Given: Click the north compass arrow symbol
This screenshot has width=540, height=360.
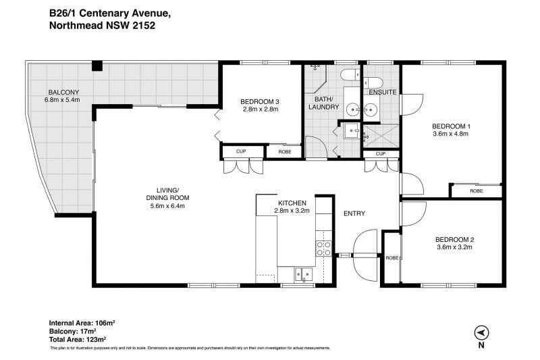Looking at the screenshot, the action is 481,333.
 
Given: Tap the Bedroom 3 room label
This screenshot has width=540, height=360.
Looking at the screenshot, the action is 259,101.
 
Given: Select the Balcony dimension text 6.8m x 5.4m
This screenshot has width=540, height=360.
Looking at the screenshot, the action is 62,100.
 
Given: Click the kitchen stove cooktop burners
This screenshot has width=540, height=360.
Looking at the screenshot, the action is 324,249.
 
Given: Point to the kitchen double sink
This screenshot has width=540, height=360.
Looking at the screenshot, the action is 303,274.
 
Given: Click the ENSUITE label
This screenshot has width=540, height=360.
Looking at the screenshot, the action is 383,93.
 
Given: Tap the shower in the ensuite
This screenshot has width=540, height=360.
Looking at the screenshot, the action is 381,136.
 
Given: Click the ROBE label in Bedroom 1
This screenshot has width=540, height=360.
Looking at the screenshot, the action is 477,191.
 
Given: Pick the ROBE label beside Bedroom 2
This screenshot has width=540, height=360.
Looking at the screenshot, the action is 392,258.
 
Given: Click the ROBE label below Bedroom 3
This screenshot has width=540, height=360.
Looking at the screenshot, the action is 285,151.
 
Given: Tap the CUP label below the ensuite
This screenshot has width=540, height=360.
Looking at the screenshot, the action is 381,153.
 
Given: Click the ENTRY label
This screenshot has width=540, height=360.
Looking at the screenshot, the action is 354,213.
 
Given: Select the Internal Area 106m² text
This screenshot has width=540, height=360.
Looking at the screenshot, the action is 82,323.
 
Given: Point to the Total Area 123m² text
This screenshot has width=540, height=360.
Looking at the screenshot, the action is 78,339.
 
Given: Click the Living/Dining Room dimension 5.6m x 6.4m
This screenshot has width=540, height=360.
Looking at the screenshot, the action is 167,206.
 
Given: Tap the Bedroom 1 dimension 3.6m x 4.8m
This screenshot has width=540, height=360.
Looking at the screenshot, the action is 450,134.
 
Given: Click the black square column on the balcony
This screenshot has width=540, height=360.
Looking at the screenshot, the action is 97,66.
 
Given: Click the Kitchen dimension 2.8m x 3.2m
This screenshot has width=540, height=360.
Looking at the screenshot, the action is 292,211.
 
